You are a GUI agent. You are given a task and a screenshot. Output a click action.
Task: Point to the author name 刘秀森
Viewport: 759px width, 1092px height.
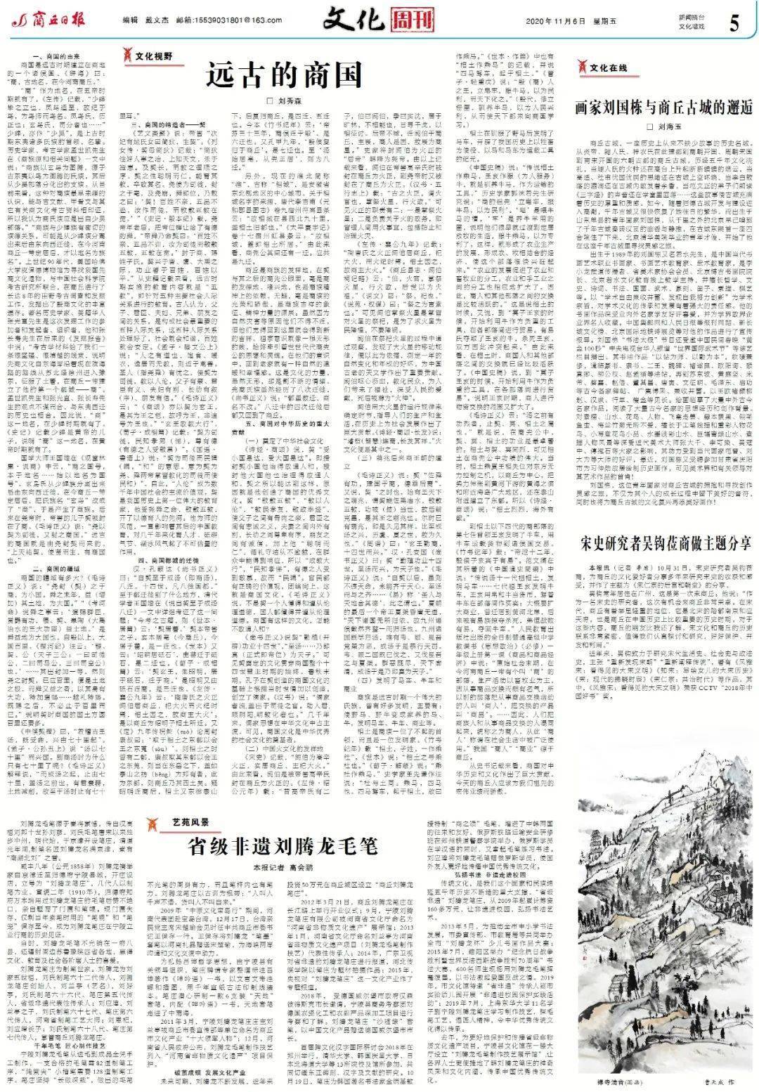coord(264,100)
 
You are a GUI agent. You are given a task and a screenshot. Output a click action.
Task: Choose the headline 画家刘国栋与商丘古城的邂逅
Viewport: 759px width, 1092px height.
coord(664,108)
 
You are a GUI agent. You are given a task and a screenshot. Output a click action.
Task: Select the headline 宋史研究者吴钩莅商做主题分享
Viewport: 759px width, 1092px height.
coord(664,544)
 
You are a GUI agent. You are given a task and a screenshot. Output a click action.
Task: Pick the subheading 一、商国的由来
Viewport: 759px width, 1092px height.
coord(51,56)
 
